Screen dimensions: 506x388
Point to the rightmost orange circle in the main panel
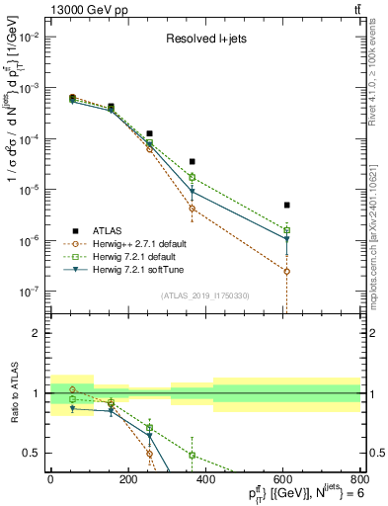click(x=286, y=271)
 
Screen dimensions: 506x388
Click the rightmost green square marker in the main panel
click(x=286, y=229)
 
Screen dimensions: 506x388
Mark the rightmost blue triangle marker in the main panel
click(x=286, y=239)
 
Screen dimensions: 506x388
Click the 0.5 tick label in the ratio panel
click(x=33, y=453)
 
